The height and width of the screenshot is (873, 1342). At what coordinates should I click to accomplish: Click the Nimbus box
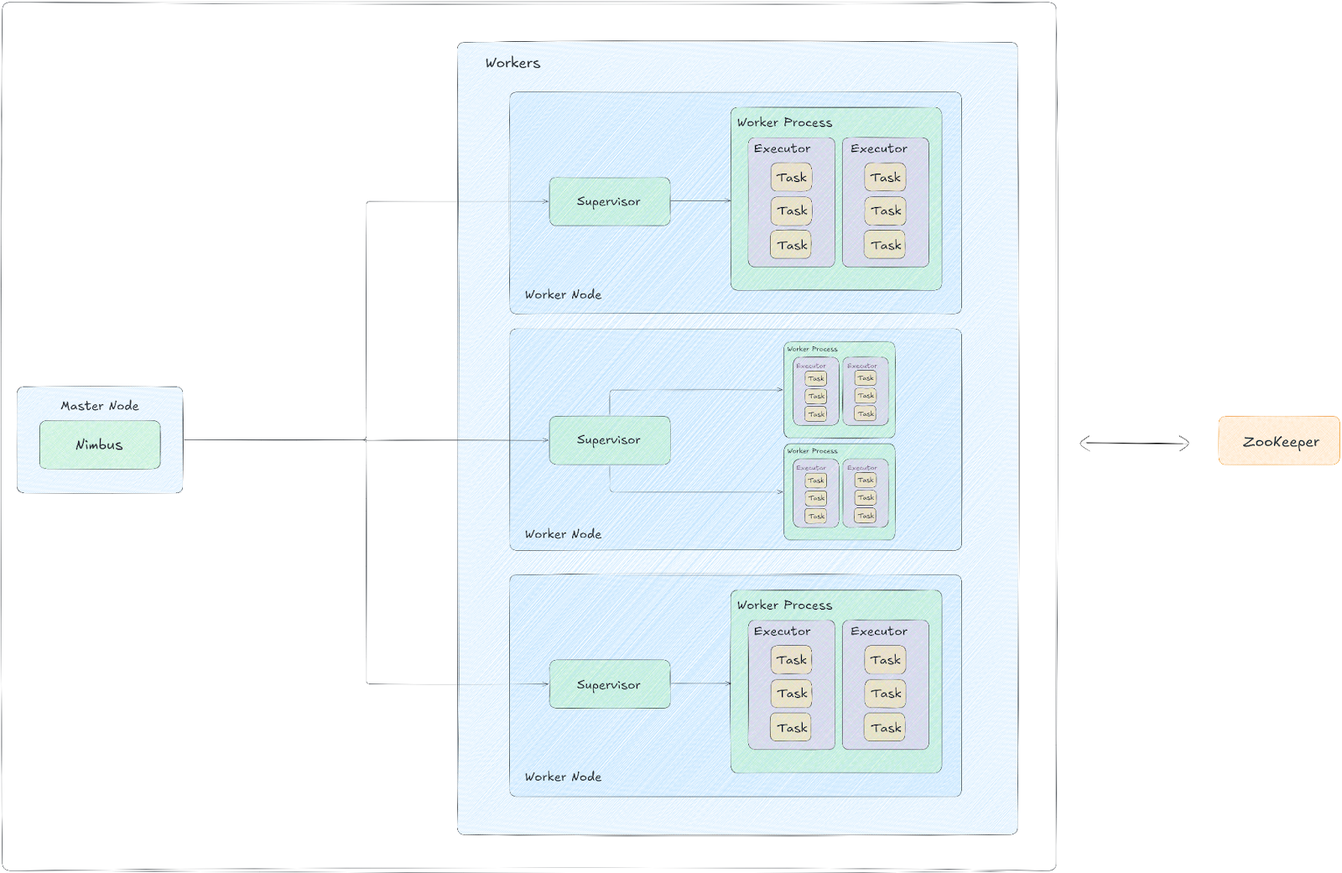pyautogui.click(x=100, y=444)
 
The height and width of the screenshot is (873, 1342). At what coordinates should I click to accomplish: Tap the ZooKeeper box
pyautogui.click(x=1278, y=441)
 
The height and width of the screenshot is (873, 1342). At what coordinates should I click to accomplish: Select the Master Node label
pyautogui.click(x=100, y=406)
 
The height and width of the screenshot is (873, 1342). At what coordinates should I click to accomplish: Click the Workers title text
pyautogui.click(x=512, y=63)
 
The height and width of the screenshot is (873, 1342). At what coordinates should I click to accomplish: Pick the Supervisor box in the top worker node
pyautogui.click(x=609, y=201)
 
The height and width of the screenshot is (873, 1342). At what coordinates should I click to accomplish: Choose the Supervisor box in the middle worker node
pyautogui.click(x=609, y=440)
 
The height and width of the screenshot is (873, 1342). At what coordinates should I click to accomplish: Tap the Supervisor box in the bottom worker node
pyautogui.click(x=609, y=684)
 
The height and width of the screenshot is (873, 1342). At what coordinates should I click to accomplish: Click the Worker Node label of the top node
pyautogui.click(x=563, y=294)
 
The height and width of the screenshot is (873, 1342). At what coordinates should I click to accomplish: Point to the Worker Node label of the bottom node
pyautogui.click(x=563, y=777)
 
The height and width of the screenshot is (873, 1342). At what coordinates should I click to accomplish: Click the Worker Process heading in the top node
pyautogui.click(x=784, y=122)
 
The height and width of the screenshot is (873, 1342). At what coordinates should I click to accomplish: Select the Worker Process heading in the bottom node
pyautogui.click(x=784, y=605)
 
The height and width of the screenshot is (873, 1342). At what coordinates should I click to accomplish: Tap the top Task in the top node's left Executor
pyautogui.click(x=791, y=178)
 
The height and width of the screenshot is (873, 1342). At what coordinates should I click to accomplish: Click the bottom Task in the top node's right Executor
pyautogui.click(x=885, y=245)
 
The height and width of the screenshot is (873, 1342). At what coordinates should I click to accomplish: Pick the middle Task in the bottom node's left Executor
pyautogui.click(x=791, y=694)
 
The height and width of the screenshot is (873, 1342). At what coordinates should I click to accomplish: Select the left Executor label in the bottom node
pyautogui.click(x=782, y=631)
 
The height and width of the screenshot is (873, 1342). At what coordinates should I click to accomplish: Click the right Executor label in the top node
pyautogui.click(x=878, y=148)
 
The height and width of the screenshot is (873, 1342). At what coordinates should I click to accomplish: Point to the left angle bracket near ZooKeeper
pyautogui.click(x=1085, y=444)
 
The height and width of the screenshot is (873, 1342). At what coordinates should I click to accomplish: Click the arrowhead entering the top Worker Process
pyautogui.click(x=727, y=201)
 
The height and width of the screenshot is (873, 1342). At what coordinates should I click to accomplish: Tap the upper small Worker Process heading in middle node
pyautogui.click(x=812, y=349)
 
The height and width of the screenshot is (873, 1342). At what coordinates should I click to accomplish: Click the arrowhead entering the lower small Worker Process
pyautogui.click(x=780, y=492)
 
